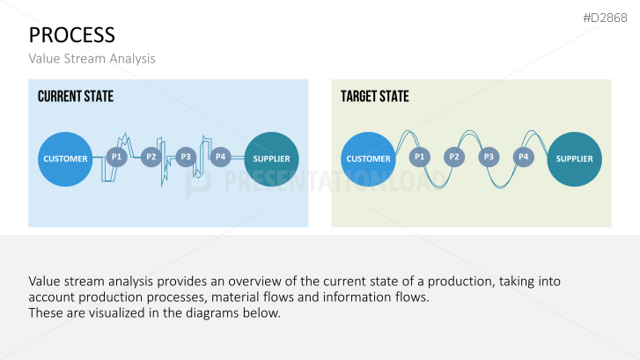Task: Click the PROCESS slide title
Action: coord(72,35)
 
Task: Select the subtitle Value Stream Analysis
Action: coord(92,59)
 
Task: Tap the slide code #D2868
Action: coord(605,18)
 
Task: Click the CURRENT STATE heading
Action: coord(76,96)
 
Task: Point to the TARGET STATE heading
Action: coord(375,96)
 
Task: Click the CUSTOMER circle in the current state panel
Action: coord(65,159)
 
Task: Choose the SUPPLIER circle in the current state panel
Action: coord(271,159)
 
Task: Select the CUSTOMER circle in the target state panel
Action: coord(368,159)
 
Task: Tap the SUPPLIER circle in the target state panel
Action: coord(574,159)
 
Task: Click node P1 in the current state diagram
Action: coord(117,157)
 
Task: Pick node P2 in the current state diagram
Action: coord(151,157)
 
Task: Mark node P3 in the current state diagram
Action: coord(186,157)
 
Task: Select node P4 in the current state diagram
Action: coord(220,157)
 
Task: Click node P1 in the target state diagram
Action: coord(420,157)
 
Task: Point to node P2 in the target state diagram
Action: coord(454,157)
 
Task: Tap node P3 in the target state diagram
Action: coord(489,157)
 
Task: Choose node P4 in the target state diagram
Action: coord(523,157)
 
